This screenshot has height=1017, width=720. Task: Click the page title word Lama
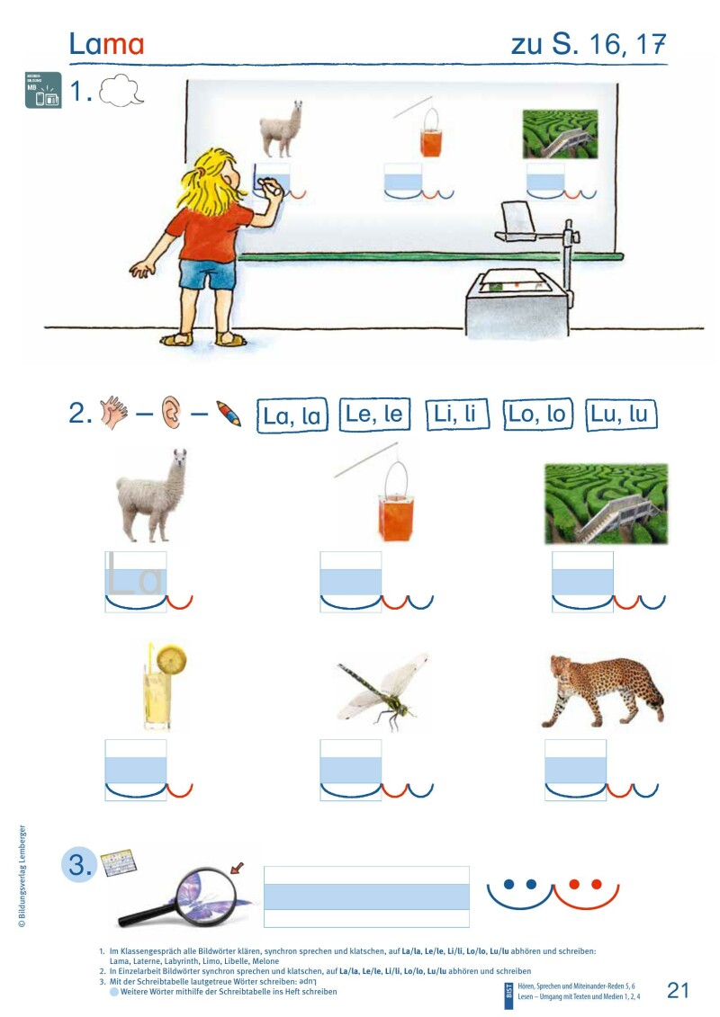coord(106,44)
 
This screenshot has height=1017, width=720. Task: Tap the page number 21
coord(678,990)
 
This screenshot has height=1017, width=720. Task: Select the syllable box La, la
coord(290,415)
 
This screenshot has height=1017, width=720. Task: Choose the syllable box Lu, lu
coord(621,415)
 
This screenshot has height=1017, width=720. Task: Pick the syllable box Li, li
coord(456,415)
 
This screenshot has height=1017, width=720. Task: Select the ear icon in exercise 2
coord(170,414)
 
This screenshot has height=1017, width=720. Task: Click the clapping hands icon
coord(115,413)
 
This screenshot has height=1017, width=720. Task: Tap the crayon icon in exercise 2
coord(228,415)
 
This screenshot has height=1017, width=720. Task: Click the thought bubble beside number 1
coord(121,92)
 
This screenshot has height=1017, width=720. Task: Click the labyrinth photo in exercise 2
coord(606,503)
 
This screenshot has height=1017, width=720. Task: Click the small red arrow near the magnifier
coord(238,868)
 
